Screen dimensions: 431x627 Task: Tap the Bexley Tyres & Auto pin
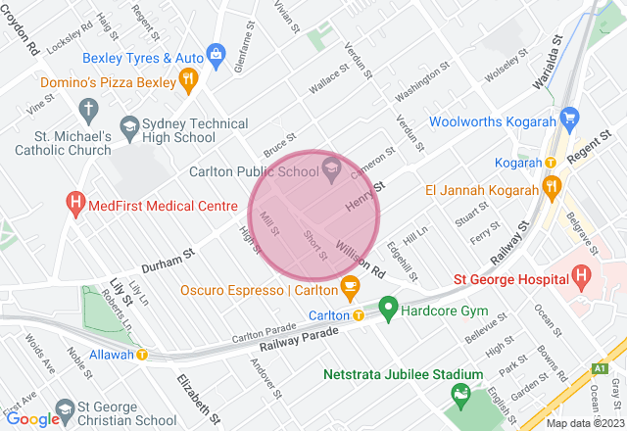click(217, 53)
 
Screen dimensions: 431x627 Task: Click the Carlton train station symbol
click(359, 315)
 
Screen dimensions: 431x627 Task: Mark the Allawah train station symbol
click(143, 354)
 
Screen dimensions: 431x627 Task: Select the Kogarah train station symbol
click(551, 162)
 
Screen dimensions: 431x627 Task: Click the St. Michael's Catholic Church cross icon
click(87, 108)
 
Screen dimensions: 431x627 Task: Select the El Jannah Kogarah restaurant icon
click(551, 185)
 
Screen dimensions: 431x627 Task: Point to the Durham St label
click(169, 253)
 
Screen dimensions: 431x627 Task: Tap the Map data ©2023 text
click(584, 423)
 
